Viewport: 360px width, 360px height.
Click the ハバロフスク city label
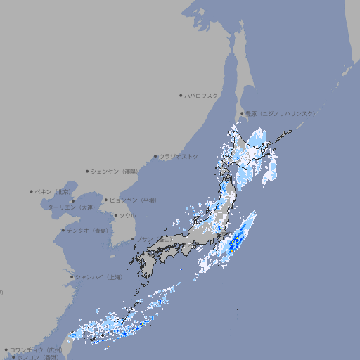point(202,95)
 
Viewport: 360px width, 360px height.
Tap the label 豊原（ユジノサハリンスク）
point(280,113)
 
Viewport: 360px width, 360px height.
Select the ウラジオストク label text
point(179,156)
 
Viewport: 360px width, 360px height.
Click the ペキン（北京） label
point(54,191)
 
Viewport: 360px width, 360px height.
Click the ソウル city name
point(127,215)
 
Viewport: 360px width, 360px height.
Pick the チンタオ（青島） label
point(88,230)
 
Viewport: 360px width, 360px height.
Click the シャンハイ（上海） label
point(98,277)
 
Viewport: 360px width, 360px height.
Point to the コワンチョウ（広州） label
point(36,349)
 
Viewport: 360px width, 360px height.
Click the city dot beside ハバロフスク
point(181,95)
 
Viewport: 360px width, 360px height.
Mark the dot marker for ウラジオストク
point(155,156)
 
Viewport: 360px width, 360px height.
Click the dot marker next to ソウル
point(115,215)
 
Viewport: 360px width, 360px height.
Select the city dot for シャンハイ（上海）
point(72,277)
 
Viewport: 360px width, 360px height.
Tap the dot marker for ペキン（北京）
point(31,191)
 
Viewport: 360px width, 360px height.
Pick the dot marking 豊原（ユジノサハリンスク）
point(242,113)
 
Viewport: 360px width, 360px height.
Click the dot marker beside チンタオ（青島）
point(63,230)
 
